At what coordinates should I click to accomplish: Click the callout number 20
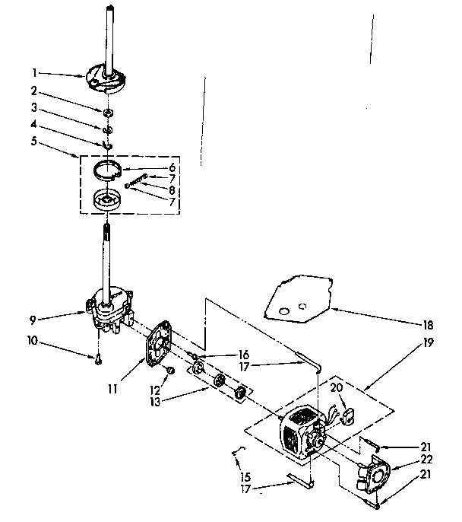point(335,387)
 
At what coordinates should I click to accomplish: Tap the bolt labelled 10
point(99,360)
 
